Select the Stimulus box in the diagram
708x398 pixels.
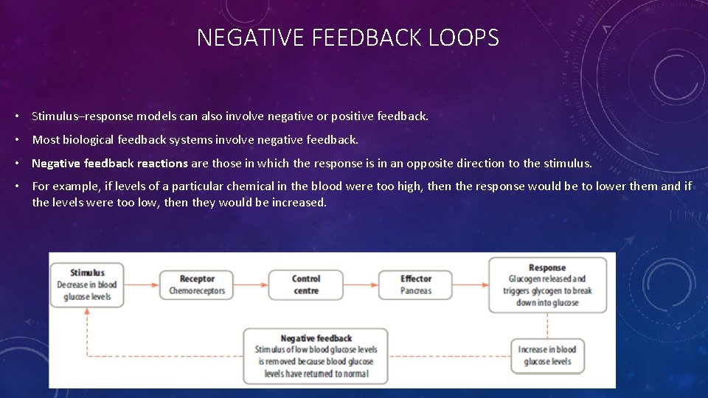tap(87, 284)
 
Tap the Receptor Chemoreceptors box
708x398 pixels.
tap(197, 284)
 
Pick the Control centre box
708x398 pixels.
tap(305, 284)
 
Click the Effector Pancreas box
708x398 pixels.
tap(416, 284)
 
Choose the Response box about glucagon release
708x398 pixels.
tap(547, 284)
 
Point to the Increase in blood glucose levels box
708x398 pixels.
tap(547, 355)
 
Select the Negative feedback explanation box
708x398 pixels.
tap(316, 355)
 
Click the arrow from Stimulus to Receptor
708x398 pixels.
tap(142, 284)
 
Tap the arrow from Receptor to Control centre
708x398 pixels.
tap(251, 284)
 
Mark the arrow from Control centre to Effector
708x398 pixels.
tap(361, 284)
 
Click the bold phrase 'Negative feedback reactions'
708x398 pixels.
tap(110, 163)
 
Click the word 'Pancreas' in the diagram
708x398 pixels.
tap(416, 291)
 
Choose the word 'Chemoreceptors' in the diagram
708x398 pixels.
tap(197, 291)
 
